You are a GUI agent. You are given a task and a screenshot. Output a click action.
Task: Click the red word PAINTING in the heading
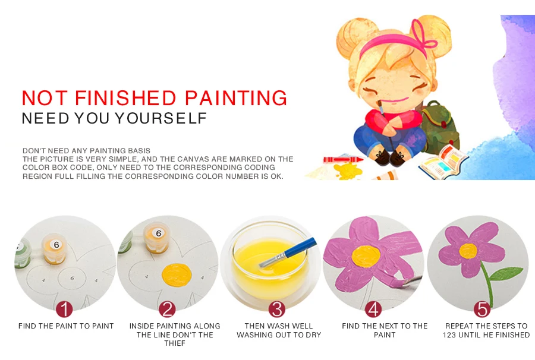click(236, 98)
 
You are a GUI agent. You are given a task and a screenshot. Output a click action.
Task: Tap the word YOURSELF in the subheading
click(161, 118)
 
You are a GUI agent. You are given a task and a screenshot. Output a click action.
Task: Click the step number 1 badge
click(64, 310)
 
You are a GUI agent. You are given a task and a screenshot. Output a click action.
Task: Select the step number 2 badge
click(167, 310)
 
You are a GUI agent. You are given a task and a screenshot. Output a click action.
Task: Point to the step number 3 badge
click(276, 310)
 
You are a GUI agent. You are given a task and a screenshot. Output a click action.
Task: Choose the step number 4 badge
click(373, 310)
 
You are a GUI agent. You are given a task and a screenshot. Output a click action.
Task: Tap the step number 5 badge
click(481, 310)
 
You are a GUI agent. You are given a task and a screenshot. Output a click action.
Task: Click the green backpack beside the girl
click(440, 127)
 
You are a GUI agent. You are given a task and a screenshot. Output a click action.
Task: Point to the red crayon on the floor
click(343, 160)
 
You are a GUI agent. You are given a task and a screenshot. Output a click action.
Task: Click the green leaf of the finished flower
click(506, 274)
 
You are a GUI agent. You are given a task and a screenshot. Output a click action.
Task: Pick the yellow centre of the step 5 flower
click(468, 251)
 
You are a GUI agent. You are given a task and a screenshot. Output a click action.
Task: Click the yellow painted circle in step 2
click(177, 276)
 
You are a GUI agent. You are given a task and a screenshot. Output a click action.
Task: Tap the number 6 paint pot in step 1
click(55, 250)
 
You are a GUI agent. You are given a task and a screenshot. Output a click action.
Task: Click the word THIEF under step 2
click(174, 343)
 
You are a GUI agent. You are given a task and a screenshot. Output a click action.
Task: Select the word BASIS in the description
click(139, 151)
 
